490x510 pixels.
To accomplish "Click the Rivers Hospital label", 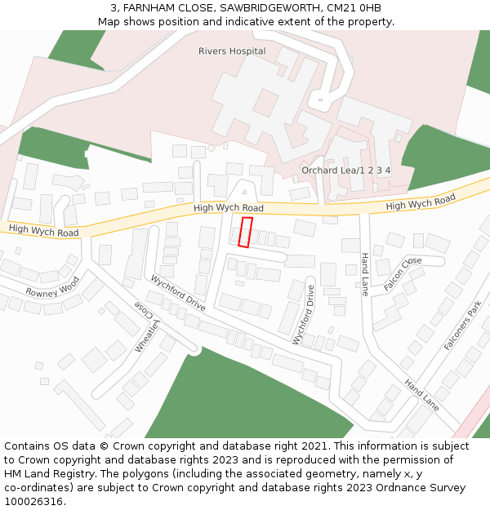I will tap(232, 51).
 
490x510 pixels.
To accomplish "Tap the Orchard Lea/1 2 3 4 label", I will tap(345, 171).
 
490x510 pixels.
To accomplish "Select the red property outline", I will tap(245, 232).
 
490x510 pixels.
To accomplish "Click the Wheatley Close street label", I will tap(143, 328).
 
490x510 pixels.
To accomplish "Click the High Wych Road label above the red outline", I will tap(229, 209).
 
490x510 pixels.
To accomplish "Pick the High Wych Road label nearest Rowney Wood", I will tap(44, 231).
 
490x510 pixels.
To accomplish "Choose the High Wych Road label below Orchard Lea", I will tap(420, 202).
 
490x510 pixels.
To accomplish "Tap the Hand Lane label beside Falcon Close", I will tap(365, 274).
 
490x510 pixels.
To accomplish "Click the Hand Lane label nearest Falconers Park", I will tap(421, 395).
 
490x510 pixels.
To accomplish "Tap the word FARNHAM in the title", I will tap(151, 8).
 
